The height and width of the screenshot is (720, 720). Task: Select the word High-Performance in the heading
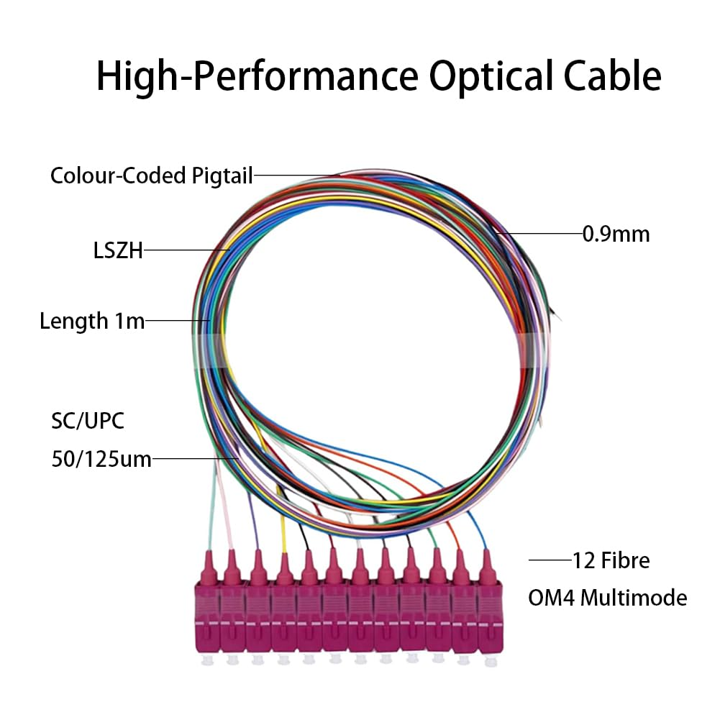[256, 76]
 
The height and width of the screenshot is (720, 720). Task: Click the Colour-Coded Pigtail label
[151, 176]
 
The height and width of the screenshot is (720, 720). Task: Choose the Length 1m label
[92, 321]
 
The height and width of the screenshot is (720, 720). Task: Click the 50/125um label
[101, 458]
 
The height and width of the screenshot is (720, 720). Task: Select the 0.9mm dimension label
[616, 234]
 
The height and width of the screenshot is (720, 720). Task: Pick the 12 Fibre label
[611, 560]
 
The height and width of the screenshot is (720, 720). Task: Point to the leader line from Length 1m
[177, 321]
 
